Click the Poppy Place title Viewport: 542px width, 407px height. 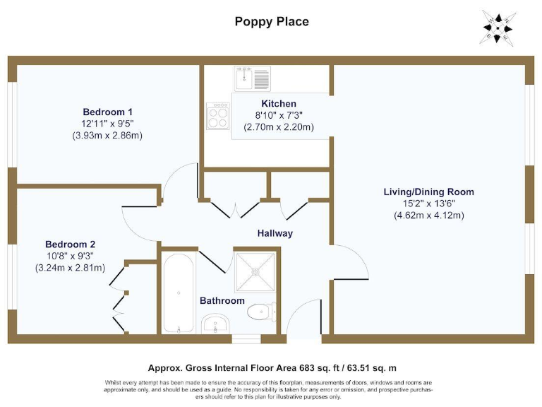(x=271, y=21)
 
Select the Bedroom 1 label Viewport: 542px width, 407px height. (x=107, y=112)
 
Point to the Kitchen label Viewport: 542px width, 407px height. (x=279, y=104)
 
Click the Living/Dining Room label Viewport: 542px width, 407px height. (x=428, y=191)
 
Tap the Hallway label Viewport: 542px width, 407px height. (x=275, y=233)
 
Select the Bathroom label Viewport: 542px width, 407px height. (x=222, y=301)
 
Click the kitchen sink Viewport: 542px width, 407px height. (x=253, y=77)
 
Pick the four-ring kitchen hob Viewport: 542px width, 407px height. (x=218, y=115)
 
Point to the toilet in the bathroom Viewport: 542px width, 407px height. (x=263, y=312)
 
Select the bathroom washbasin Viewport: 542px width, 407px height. (x=215, y=325)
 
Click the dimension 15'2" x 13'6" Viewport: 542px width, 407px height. (x=428, y=203)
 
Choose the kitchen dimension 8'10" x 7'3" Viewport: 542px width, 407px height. (x=279, y=115)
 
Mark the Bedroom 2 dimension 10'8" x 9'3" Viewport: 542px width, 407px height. (x=70, y=256)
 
